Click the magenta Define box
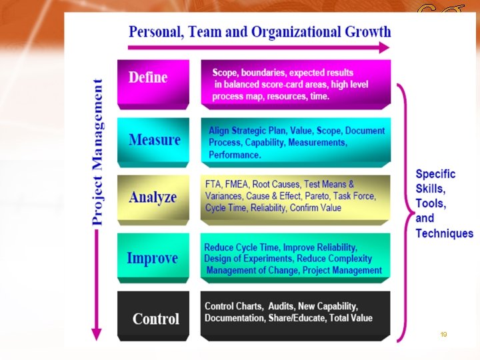pos(153,82)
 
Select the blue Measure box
pos(153,141)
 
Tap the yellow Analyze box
pos(153,198)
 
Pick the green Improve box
pos(153,257)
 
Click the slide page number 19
pos(443,334)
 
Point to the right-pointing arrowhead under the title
pos(383,47)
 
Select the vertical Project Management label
pos(97,151)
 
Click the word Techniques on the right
pos(444,233)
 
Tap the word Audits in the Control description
pos(281,306)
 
